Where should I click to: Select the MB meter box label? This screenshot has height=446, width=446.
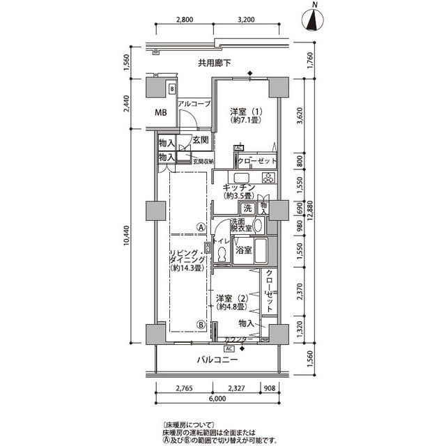pos(160,113)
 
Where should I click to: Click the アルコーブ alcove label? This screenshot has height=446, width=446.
pos(194,104)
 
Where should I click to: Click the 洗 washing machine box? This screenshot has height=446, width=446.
pos(247,208)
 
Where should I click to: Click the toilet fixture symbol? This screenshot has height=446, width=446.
pos(222,256)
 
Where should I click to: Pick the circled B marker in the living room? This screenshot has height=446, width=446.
pos(201,324)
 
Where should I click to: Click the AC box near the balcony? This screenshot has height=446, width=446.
pos(229,348)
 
